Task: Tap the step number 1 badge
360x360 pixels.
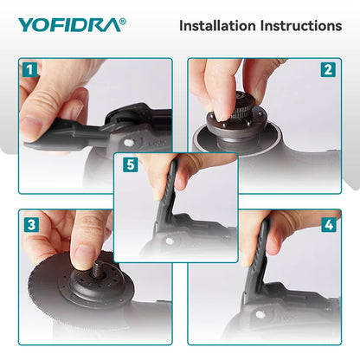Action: [x=29, y=68]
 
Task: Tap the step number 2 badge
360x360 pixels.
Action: [x=328, y=68]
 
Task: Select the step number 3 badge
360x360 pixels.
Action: [x=29, y=223]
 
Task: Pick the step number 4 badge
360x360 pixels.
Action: [x=328, y=223]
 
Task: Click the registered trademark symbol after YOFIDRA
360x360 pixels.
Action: [x=122, y=20]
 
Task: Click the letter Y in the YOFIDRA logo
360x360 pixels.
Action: [x=25, y=25]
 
